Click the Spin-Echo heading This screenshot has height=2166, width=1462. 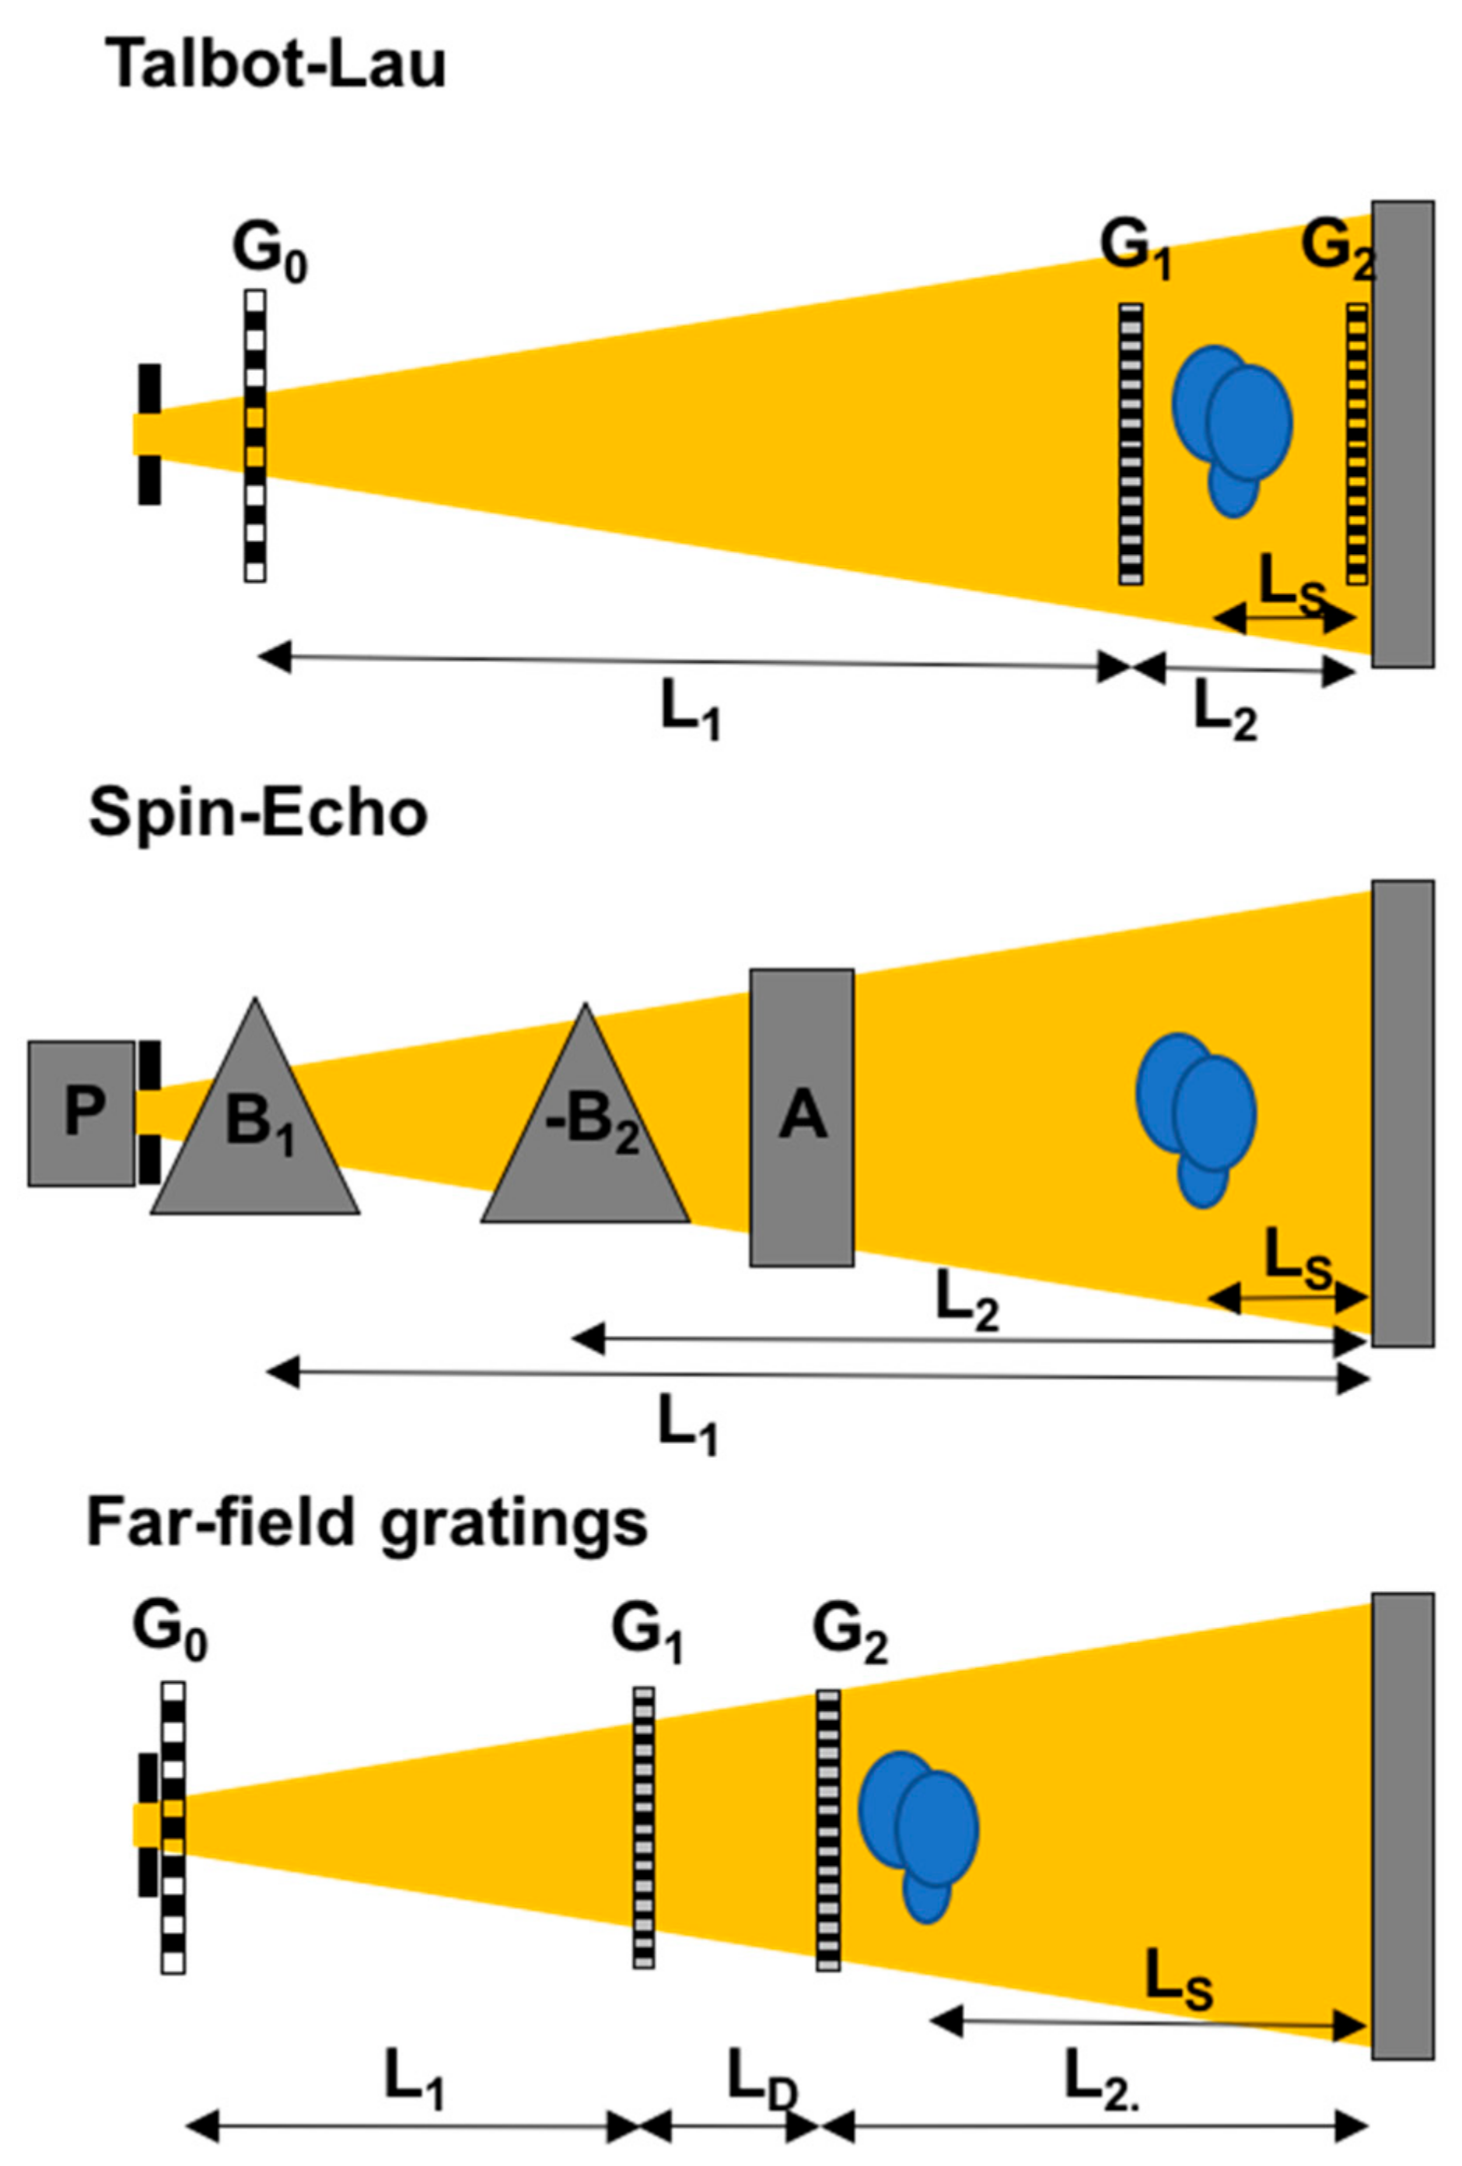257,814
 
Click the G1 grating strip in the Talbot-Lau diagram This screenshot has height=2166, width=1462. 1130,444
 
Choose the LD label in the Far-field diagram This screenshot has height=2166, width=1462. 761,2056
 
